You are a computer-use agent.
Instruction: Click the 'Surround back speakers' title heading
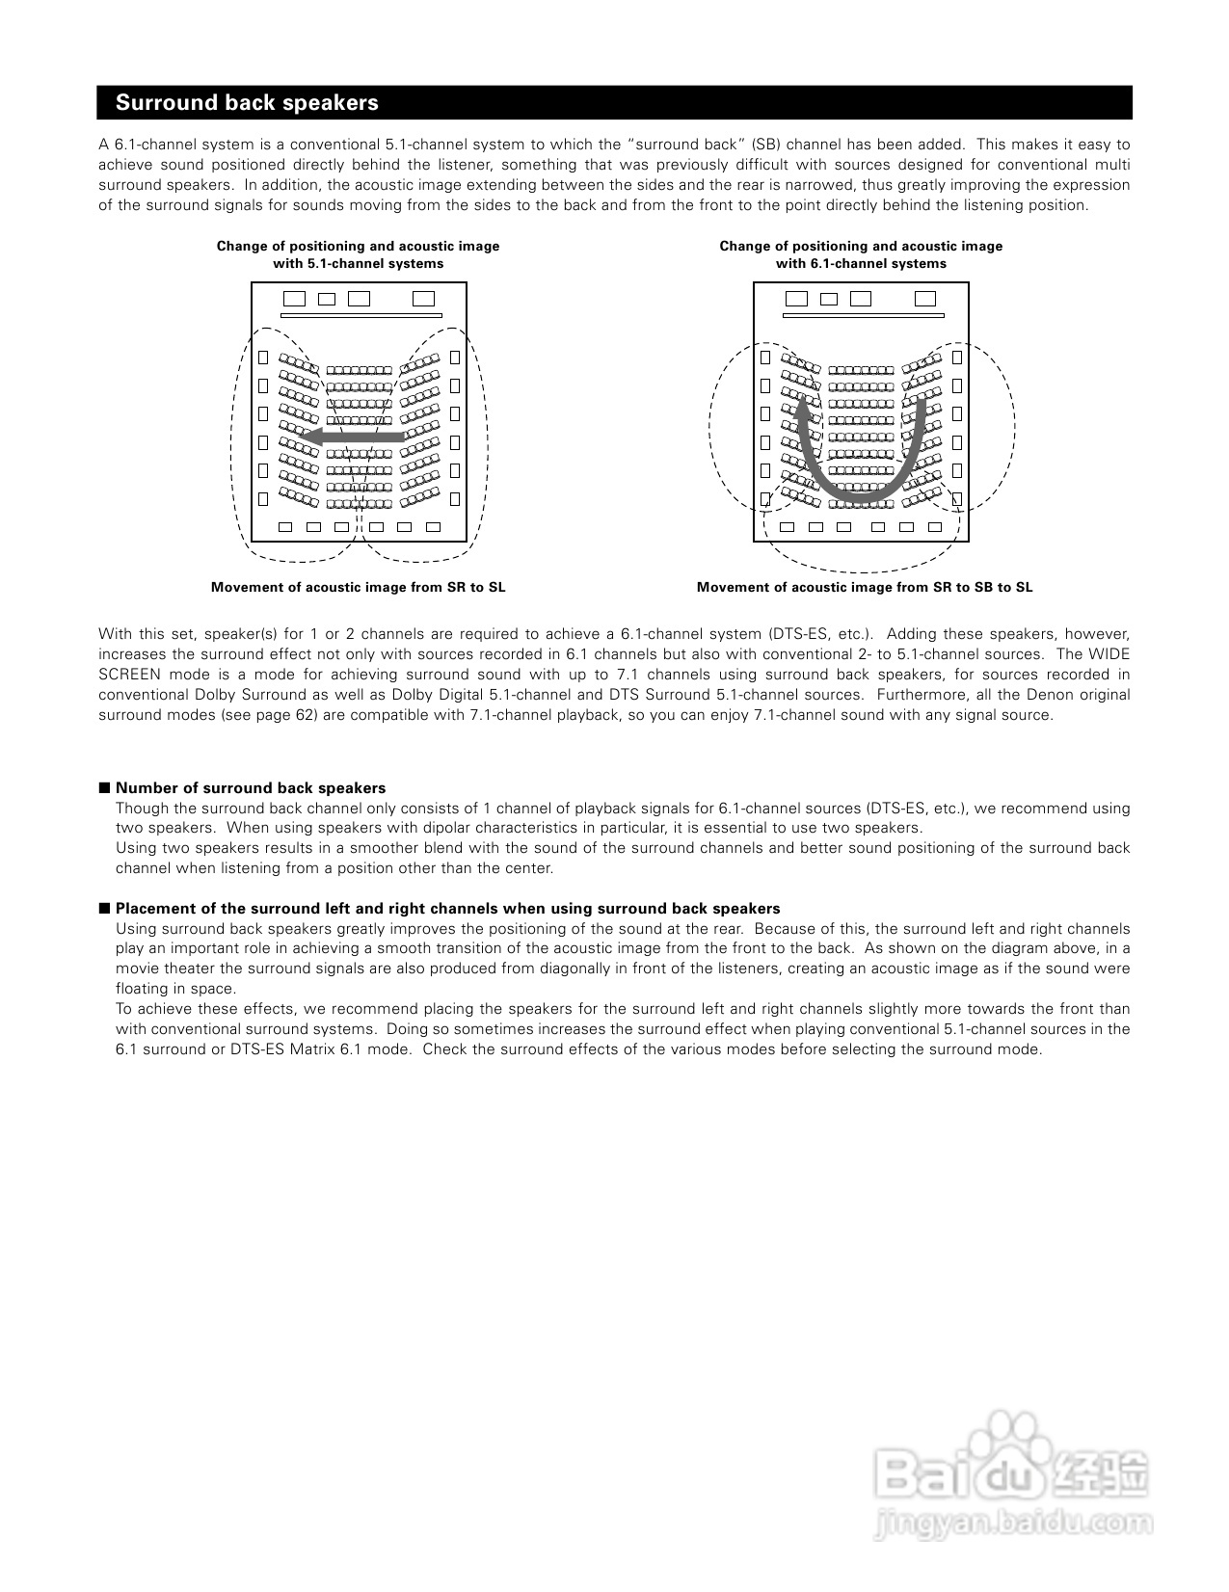(247, 103)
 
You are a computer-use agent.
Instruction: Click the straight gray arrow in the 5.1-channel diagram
(351, 438)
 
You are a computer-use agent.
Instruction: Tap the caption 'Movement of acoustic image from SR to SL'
(358, 587)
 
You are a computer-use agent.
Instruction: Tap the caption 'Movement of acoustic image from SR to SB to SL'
(864, 587)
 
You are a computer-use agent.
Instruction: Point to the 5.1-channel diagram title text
(358, 254)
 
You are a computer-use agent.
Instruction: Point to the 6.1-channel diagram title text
(861, 254)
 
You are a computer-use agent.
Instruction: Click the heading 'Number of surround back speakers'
(251, 788)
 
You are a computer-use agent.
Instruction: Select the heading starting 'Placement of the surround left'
(447, 909)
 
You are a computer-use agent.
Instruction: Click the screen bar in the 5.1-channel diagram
(361, 315)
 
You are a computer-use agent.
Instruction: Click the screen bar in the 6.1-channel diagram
(862, 315)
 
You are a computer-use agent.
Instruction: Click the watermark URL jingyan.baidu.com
(1011, 1524)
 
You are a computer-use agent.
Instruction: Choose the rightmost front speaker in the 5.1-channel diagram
(423, 299)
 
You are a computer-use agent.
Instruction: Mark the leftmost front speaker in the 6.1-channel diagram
(797, 299)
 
